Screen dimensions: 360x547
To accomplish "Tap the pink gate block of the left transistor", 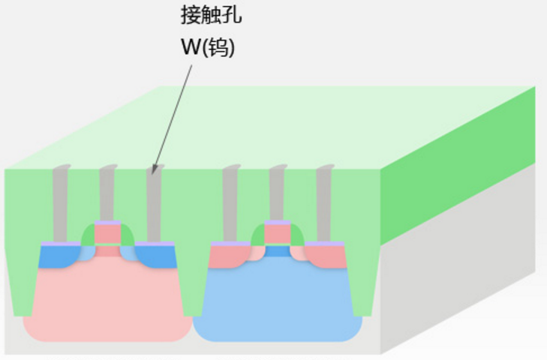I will click(107, 234).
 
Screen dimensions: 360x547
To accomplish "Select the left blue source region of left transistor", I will click(54, 257).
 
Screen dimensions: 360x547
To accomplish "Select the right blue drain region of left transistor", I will click(158, 256).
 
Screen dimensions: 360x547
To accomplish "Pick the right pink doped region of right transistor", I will click(327, 257).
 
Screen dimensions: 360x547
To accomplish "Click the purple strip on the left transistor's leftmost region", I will click(60, 244).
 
